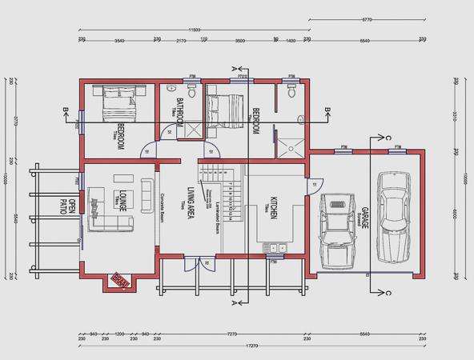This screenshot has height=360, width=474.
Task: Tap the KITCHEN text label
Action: click(273, 206)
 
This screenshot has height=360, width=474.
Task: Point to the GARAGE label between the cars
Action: click(364, 215)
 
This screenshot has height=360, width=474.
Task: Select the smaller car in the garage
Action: click(337, 230)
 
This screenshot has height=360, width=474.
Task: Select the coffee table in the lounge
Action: click(124, 178)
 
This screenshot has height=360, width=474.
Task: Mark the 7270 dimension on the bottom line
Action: click(232, 333)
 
